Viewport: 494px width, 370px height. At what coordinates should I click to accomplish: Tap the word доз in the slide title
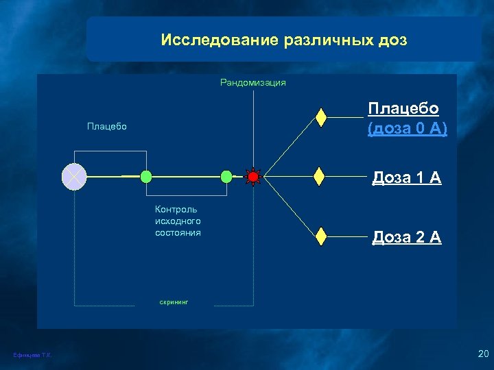(392, 40)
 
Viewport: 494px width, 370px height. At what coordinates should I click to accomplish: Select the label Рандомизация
(252, 83)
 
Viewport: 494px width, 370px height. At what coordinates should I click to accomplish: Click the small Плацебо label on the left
(106, 127)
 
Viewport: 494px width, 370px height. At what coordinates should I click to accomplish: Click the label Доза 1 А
(406, 178)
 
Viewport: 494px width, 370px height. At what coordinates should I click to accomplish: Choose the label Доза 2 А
(406, 238)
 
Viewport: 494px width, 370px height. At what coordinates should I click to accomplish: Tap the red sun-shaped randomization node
(253, 177)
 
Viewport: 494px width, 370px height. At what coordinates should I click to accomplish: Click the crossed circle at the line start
(73, 177)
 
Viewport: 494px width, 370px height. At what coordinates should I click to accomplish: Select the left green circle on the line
(146, 177)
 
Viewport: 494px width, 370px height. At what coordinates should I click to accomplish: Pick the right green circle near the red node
(226, 177)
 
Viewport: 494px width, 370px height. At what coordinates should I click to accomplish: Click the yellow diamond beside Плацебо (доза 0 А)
(320, 117)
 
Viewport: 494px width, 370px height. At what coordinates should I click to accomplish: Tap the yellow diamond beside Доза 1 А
(318, 177)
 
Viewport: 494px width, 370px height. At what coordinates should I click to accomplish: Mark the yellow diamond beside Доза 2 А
(320, 236)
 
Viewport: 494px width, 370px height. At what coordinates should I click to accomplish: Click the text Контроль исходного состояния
(178, 221)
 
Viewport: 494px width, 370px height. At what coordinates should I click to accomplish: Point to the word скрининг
(174, 301)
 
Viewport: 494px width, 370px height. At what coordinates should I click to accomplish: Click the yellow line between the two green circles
(186, 177)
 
